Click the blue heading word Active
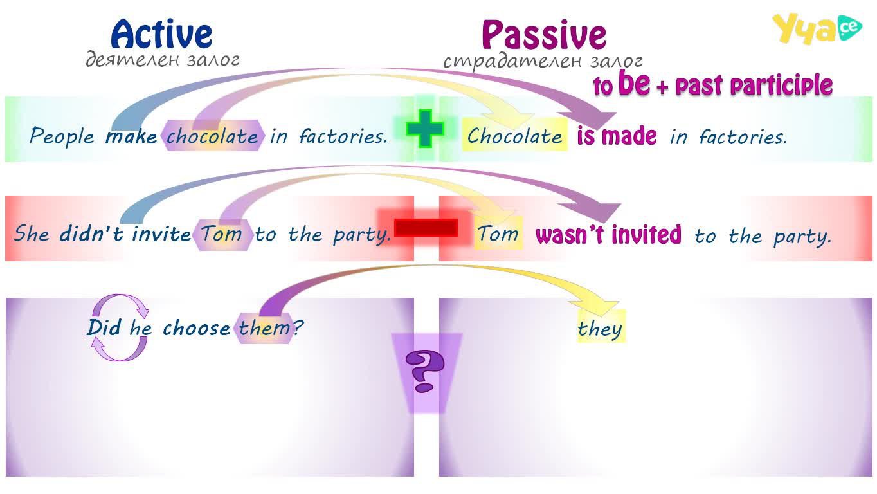(x=161, y=34)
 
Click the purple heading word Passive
(x=544, y=35)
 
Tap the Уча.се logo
(x=817, y=28)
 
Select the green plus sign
(x=425, y=129)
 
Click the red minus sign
(x=426, y=228)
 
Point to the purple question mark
(x=425, y=371)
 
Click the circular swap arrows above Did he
(x=120, y=327)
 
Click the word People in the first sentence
(x=62, y=136)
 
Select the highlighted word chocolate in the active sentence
(x=212, y=136)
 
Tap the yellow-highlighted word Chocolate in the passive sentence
(x=514, y=136)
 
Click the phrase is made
(x=617, y=136)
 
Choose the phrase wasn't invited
(x=608, y=234)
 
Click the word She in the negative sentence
(x=32, y=233)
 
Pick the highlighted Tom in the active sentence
(x=222, y=234)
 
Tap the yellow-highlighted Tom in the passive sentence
(x=498, y=233)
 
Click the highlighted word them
(x=264, y=328)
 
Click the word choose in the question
(x=197, y=328)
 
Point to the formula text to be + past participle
(x=712, y=84)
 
